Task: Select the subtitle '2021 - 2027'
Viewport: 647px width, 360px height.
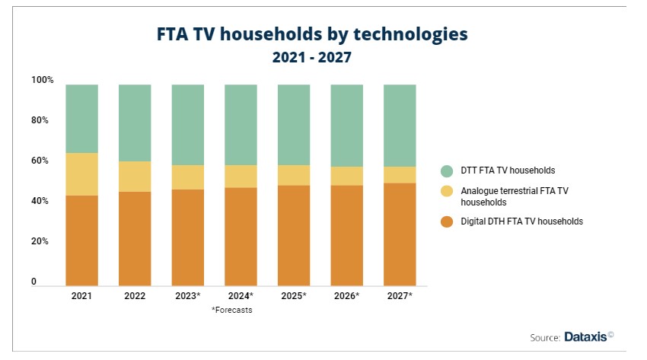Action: [311, 58]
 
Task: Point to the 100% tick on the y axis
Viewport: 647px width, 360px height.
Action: [43, 80]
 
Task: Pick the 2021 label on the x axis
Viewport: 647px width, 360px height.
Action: [81, 295]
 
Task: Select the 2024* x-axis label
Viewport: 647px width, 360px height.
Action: [241, 295]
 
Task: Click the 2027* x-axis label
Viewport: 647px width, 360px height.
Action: [400, 295]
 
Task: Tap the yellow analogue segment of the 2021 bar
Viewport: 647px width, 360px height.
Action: [81, 174]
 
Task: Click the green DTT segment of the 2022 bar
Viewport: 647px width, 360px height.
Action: [135, 123]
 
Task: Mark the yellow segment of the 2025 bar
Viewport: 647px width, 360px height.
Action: [294, 175]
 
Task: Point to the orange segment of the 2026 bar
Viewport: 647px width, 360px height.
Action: [346, 235]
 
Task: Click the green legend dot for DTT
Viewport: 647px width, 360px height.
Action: [447, 170]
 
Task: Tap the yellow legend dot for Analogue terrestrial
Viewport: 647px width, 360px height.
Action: [447, 191]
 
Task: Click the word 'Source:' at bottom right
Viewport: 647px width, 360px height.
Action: [545, 337]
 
